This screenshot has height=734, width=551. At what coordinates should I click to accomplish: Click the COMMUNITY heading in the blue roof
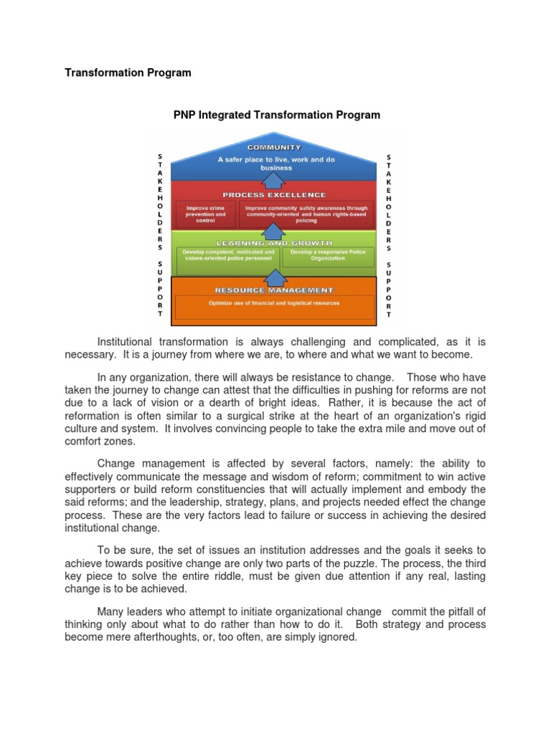[x=274, y=148]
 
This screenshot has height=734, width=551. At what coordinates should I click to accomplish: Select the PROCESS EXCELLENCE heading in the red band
[x=274, y=195]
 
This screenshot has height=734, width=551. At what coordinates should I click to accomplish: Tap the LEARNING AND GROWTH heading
[x=274, y=243]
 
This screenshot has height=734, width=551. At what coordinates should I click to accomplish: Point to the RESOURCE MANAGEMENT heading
[x=274, y=290]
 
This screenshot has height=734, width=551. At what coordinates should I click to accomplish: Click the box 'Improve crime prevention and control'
[x=205, y=214]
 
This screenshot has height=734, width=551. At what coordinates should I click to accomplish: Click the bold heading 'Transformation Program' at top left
[x=128, y=72]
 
